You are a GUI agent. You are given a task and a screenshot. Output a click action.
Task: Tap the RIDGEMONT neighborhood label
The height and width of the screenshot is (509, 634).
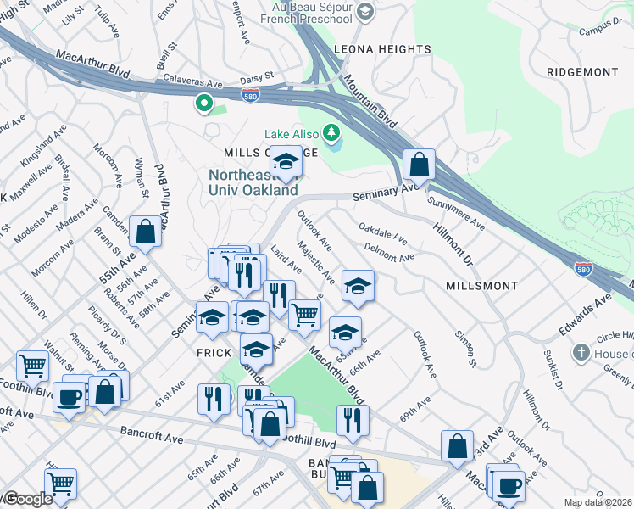click(x=581, y=72)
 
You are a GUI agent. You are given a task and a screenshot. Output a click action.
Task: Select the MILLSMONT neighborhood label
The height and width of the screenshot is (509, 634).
click(x=481, y=286)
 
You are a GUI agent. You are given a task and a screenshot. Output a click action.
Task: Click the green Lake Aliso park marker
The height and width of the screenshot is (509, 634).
click(x=331, y=133)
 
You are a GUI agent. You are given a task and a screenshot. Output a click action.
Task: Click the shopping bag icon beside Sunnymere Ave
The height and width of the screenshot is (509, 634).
click(x=419, y=164)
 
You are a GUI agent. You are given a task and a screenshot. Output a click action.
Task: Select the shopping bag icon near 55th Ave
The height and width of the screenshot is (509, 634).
click(x=145, y=232)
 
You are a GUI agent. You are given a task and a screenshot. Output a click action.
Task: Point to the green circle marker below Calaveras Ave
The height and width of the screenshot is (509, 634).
click(x=203, y=104)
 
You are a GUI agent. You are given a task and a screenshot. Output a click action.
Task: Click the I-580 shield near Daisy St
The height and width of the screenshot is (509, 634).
click(x=250, y=95)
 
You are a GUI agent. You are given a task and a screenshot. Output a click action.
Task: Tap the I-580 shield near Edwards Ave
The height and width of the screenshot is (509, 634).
click(x=582, y=269)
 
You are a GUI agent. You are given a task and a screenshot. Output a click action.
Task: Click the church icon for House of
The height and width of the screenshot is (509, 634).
click(x=581, y=352)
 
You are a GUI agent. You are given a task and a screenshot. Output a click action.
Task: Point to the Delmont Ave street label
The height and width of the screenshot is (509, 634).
click(x=389, y=252)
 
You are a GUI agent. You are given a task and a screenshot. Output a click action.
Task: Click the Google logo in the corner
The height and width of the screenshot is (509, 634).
click(x=27, y=499)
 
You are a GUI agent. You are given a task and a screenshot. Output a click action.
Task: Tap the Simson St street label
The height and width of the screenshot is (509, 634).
click(x=463, y=350)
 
